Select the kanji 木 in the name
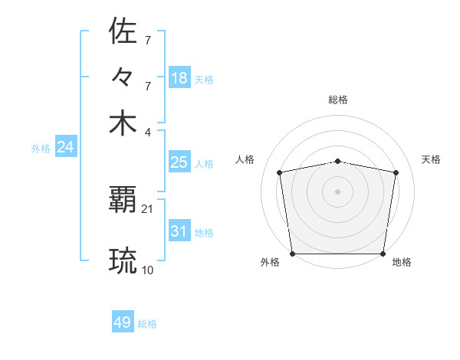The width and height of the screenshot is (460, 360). [123, 123]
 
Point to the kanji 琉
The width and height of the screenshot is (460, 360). [123, 260]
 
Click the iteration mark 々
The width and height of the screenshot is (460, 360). [123, 77]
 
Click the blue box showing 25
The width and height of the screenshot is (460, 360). [179, 162]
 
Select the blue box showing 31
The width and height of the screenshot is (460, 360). [179, 231]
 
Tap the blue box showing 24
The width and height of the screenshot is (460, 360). [65, 147]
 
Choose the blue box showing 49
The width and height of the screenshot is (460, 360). [123, 322]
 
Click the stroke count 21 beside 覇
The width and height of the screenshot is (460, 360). [147, 208]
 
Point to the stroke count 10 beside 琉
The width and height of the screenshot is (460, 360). [147, 270]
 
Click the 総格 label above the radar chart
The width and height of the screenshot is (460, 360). [338, 100]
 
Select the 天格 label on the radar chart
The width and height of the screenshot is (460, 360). [431, 159]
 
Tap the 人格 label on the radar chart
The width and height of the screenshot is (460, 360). [245, 159]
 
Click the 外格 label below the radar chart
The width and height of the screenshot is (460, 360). [270, 262]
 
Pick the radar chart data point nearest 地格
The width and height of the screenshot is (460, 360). [383, 254]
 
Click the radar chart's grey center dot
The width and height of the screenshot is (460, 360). [338, 191]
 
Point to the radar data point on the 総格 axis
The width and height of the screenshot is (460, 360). [338, 161]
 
